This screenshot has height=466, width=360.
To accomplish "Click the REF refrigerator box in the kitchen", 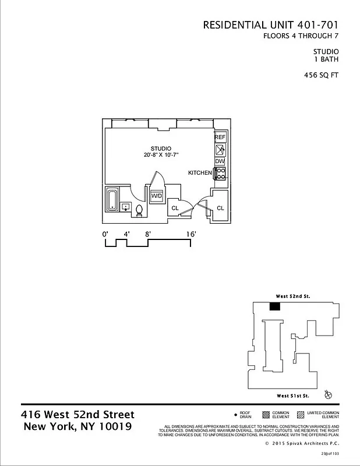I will point(220,137).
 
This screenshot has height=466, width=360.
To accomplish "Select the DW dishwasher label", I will point(220,161).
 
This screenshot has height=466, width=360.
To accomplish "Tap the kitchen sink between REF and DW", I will point(220,149).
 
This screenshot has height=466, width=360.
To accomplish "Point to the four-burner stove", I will point(221,174).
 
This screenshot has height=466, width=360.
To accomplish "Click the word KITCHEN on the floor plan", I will point(200,174).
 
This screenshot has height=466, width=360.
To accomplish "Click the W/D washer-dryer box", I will point(157,196).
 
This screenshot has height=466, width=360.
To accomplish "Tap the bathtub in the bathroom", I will point(112,199).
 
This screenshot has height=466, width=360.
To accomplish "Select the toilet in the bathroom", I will point(139,211).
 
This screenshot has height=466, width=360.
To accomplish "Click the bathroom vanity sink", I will point(125,207).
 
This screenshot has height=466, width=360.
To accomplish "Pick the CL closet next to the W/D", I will point(175,208).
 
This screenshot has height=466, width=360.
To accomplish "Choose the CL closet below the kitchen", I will point(220,208).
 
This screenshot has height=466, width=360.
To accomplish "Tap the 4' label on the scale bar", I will point(126,234).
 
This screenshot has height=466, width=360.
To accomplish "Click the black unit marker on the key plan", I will point(275,306).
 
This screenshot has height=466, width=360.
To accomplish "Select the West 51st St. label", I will point(292,396).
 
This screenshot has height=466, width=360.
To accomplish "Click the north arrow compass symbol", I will point(328,396).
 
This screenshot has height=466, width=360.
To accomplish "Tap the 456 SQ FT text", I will point(321,75).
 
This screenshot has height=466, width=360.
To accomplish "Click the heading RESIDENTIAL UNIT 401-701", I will point(270,25).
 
